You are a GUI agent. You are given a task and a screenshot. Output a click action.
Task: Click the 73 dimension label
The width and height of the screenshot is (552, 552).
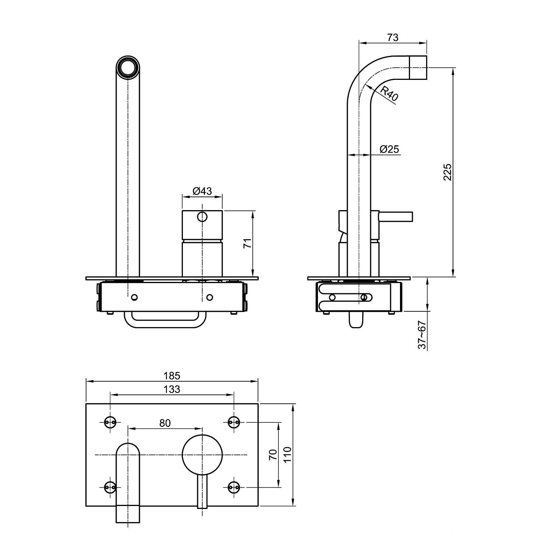pos(393,38)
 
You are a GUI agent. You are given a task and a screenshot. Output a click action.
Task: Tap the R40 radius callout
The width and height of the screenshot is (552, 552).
pos(389,93)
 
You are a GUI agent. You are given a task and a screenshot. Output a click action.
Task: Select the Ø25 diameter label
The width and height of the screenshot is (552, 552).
pos(389,149)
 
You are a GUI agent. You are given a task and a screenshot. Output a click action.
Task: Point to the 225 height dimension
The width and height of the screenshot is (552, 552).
pos(447,172)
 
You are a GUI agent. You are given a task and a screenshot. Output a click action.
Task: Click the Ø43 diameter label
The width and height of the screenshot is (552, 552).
pos(202,191)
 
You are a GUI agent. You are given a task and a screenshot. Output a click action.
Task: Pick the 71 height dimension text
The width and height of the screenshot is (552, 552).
pos(248,243)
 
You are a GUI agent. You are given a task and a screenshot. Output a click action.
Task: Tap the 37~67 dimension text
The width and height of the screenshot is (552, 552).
pos(422,335)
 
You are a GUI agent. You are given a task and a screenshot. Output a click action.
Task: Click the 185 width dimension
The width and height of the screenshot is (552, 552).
pos(172,376)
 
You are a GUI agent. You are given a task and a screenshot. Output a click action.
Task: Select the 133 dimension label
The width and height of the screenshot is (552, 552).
pos(172,389)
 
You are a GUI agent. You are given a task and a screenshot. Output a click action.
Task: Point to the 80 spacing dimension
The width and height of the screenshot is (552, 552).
pos(165,423)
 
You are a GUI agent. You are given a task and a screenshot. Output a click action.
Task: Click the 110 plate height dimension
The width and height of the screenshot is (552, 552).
pos(287,455)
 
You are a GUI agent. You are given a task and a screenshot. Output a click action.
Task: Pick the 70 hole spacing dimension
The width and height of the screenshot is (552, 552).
pos(273,454)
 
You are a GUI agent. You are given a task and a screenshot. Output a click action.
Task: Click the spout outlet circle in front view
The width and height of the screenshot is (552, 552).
pos(128,67)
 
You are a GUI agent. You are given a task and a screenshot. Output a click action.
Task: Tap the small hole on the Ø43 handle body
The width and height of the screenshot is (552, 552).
pos(202,217)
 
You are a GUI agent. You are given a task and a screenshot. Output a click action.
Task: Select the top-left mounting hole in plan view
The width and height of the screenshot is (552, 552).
pos(110,422)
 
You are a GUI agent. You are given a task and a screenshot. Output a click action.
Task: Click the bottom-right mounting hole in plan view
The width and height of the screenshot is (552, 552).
pos(234,487)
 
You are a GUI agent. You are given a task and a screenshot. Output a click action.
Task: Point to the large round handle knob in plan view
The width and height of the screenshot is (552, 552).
pos(202,455)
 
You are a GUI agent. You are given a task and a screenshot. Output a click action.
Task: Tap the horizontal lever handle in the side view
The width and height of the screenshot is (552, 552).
pos(396,217)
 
